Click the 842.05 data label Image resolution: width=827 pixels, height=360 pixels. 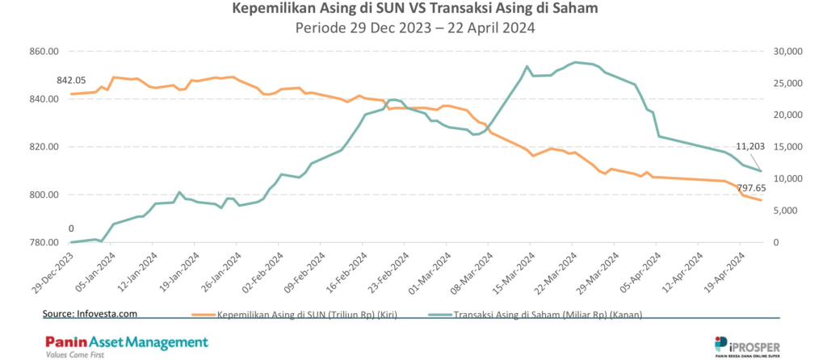coord(71,81)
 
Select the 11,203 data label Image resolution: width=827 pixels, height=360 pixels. coord(751,146)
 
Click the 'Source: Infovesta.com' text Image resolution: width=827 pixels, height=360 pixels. coord(90,312)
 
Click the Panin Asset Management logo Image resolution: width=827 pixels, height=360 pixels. coord(126,342)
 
